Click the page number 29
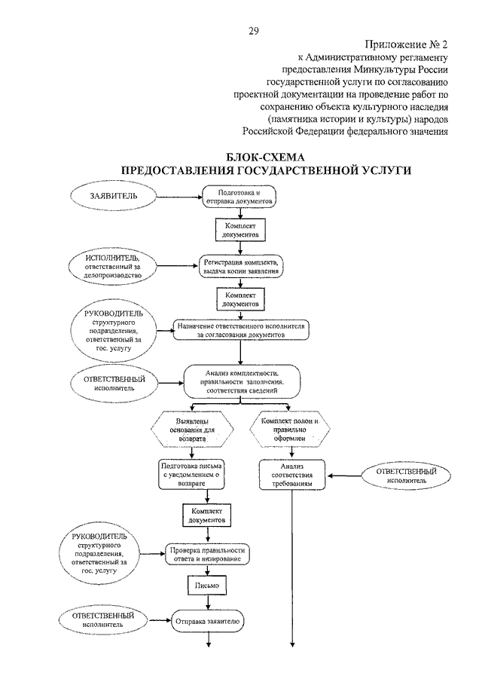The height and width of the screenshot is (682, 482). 254,30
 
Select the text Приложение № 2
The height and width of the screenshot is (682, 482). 406,44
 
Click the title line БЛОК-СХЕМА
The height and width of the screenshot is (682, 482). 266,158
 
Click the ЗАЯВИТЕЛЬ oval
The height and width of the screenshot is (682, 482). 114,196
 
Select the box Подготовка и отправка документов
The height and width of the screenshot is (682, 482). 239,197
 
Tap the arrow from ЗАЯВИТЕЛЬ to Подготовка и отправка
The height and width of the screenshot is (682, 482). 179,197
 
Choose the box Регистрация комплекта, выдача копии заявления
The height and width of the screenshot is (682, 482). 241,267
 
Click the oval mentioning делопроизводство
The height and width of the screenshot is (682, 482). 112,266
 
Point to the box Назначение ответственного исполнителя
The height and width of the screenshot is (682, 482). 241,331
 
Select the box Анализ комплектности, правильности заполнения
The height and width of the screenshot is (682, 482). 242,382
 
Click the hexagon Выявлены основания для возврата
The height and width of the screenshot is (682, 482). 192,430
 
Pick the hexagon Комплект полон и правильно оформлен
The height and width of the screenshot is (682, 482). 290,430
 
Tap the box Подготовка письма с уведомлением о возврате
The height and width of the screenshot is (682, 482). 191,475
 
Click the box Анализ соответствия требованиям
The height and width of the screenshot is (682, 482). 292,475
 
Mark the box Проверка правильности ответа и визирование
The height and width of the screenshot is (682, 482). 207,554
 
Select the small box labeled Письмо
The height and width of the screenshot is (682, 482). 207,586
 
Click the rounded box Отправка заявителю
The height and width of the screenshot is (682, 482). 207,622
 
